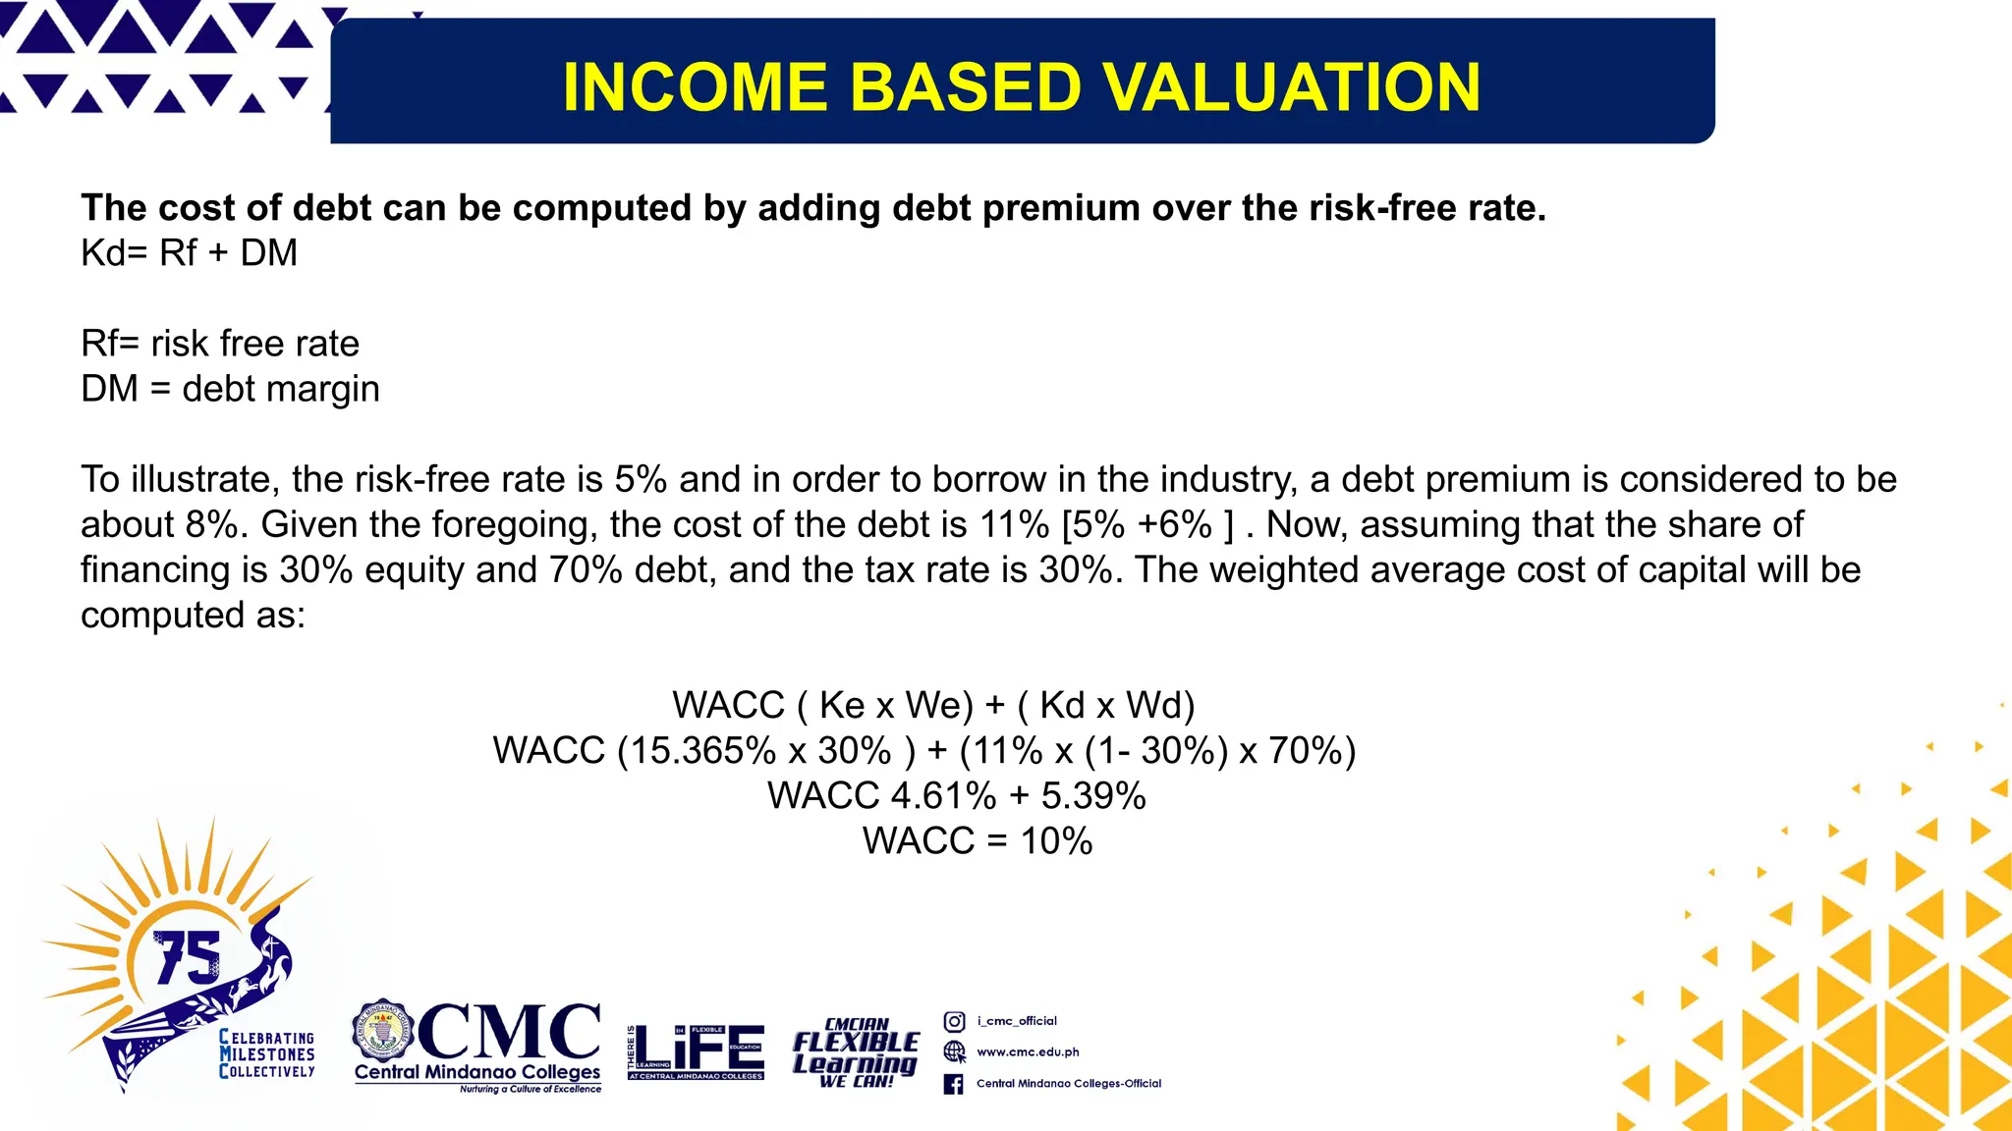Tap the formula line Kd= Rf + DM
(x=189, y=253)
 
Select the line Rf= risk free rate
(x=220, y=344)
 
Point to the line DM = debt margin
(x=230, y=389)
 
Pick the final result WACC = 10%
(x=978, y=841)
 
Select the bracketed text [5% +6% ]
(x=1147, y=525)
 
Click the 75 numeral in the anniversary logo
(x=188, y=957)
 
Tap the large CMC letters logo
(x=509, y=1032)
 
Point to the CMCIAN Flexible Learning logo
(x=856, y=1052)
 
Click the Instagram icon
(x=954, y=1021)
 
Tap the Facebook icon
(x=953, y=1084)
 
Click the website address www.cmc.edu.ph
(x=1028, y=1052)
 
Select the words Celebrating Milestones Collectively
(x=266, y=1054)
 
